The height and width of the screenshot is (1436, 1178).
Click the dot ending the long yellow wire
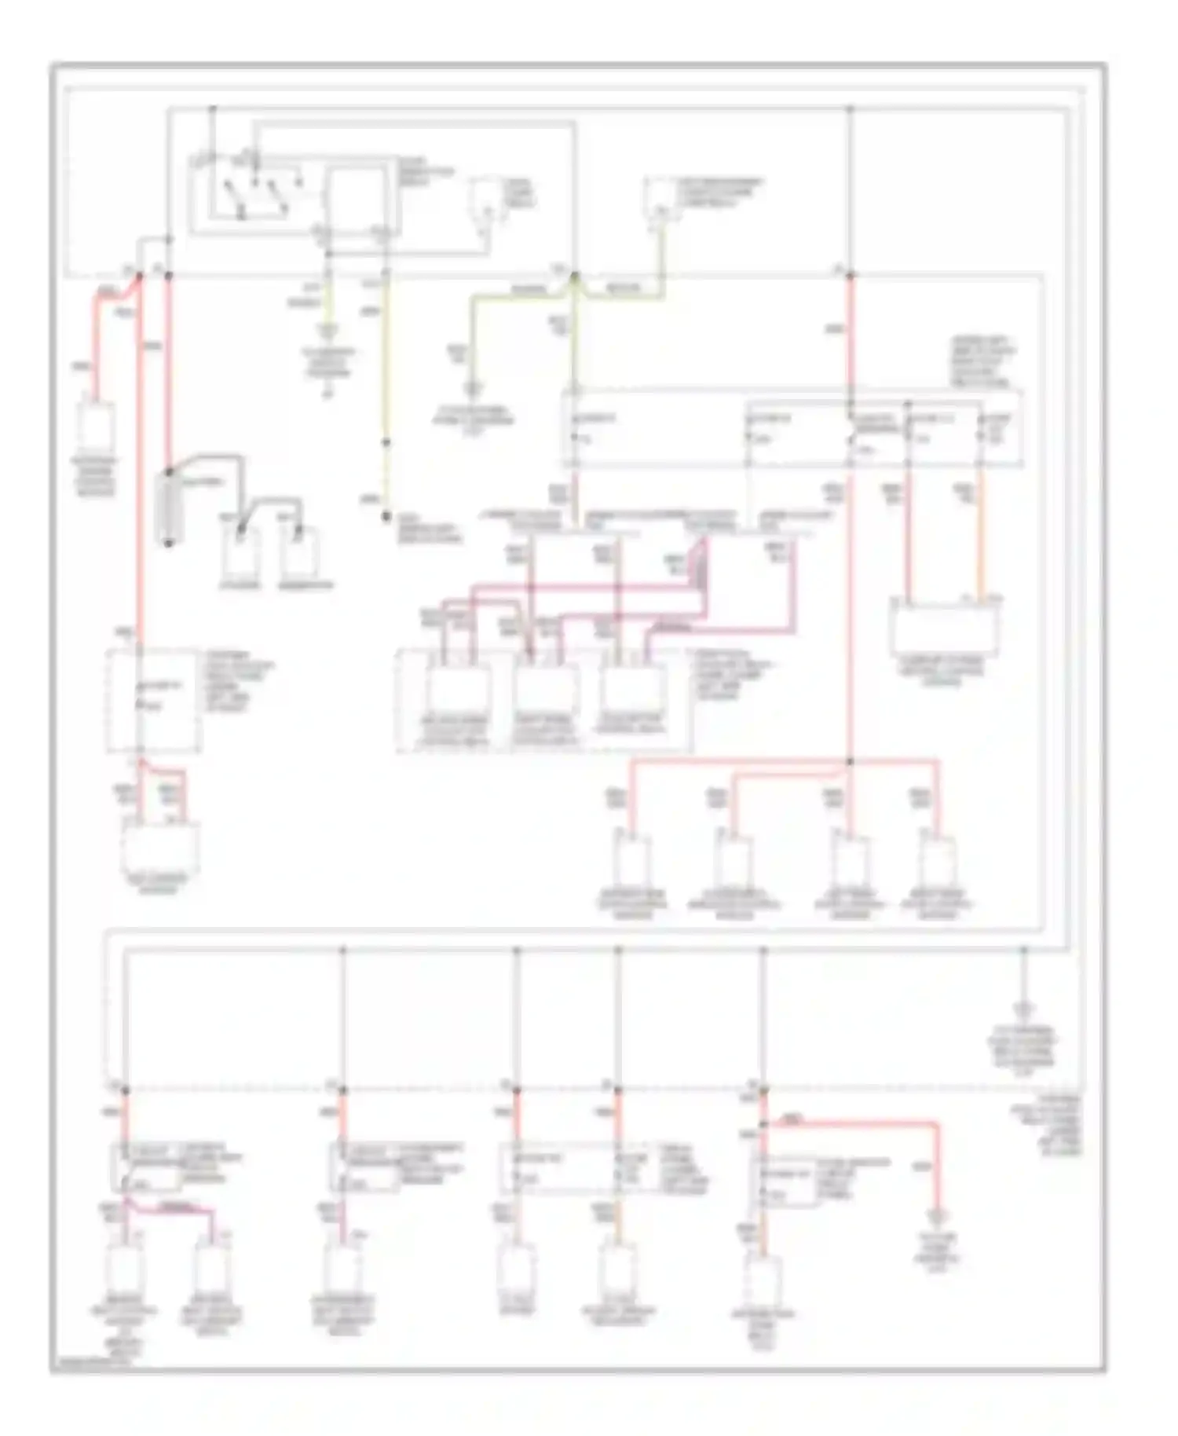(x=386, y=517)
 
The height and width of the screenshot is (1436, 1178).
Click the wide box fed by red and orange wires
(x=944, y=628)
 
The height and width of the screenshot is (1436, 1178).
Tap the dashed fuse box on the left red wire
(x=153, y=699)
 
